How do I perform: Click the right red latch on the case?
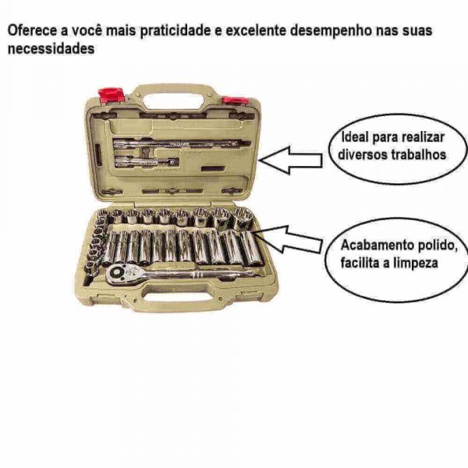[234, 101]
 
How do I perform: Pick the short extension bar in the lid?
[145, 161]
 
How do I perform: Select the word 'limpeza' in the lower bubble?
[416, 263]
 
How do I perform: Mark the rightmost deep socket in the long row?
[250, 248]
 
